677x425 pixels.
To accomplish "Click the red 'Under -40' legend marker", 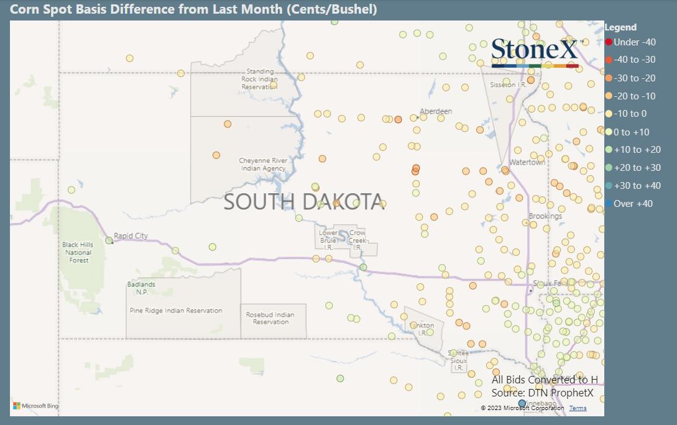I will pyautogui.click(x=609, y=42).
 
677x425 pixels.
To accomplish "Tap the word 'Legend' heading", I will pyautogui.click(x=620, y=27).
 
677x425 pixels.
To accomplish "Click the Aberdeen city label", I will pyautogui.click(x=436, y=112).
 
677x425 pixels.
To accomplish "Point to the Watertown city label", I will pyautogui.click(x=527, y=162).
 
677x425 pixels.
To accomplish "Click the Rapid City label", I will pyautogui.click(x=131, y=236).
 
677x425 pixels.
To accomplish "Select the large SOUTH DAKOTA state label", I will pyautogui.click(x=303, y=202).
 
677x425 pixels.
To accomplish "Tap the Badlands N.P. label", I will pyautogui.click(x=141, y=288).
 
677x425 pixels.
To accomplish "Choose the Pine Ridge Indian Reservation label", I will pyautogui.click(x=175, y=311).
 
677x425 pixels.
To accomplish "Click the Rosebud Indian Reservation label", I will pyautogui.click(x=270, y=318).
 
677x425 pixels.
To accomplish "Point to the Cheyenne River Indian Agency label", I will pyautogui.click(x=262, y=165).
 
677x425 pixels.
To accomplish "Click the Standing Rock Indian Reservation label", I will pyautogui.click(x=259, y=80).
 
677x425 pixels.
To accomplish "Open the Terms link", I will pyautogui.click(x=578, y=408).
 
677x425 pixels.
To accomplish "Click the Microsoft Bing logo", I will pyautogui.click(x=35, y=406).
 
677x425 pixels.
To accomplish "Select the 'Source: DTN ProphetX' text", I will pyautogui.click(x=542, y=393).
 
